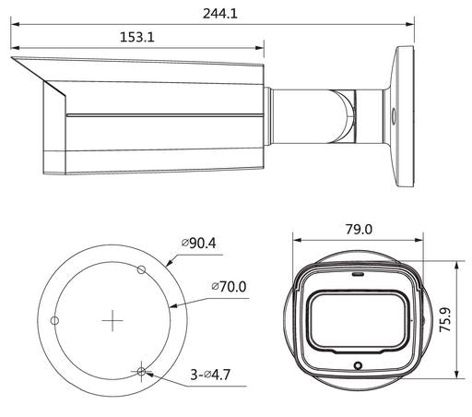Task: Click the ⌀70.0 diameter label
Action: [228, 287]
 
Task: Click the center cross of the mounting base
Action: [112, 321]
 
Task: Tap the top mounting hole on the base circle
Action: [141, 269]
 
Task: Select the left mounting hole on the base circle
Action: [54, 320]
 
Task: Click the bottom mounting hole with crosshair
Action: [140, 372]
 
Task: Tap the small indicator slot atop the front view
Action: [357, 273]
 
